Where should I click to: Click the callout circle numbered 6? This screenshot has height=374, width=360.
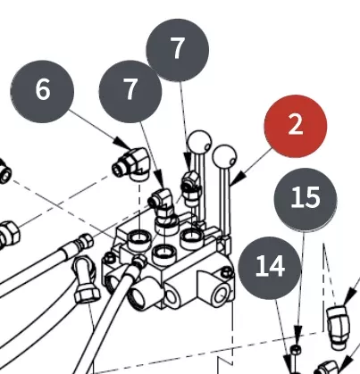tap(42, 91)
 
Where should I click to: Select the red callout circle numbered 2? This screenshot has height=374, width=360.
tap(296, 126)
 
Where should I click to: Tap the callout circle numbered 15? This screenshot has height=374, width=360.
tap(306, 199)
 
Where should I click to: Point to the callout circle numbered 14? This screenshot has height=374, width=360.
tap(270, 268)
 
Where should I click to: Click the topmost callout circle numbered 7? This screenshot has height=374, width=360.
tap(178, 50)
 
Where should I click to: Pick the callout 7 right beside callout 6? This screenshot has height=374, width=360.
tap(130, 91)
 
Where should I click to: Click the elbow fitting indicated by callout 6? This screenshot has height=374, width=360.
tap(131, 163)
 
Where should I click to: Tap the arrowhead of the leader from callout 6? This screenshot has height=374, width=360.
tap(124, 144)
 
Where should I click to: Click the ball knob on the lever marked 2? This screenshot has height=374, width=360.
tap(225, 156)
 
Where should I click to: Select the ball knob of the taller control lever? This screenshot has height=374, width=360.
tap(199, 142)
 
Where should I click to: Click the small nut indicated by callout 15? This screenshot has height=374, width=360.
tap(295, 350)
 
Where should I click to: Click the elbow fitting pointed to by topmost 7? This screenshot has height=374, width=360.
tap(191, 188)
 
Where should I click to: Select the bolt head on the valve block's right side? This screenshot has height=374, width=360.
tap(227, 272)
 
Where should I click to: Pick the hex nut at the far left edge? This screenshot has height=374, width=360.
tap(8, 234)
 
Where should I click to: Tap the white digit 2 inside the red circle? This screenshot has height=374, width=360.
tap(295, 125)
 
